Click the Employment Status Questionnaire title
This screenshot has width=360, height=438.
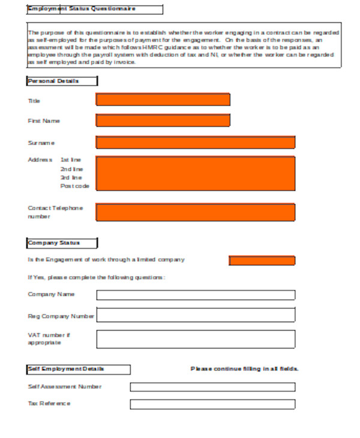82,9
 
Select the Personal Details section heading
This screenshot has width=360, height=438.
53,81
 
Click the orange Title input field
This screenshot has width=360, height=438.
163,100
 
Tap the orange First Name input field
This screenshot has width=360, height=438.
163,121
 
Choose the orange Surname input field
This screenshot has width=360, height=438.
196,142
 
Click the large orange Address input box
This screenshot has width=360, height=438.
196,173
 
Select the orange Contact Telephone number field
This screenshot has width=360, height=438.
196,212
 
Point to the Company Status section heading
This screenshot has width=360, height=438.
54,243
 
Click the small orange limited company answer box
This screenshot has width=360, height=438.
262,260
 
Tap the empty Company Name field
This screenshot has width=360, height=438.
196,295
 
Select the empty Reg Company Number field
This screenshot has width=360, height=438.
196,315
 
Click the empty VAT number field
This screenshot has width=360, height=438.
196,339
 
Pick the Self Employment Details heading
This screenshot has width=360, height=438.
66,369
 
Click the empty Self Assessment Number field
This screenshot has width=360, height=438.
212,387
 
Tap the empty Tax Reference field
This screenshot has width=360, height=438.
212,404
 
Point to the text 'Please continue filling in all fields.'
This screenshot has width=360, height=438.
244,369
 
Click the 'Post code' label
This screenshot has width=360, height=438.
74,186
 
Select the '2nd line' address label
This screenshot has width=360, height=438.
71,169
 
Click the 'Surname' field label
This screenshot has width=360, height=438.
41,143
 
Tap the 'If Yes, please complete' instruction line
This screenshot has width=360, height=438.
96,278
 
